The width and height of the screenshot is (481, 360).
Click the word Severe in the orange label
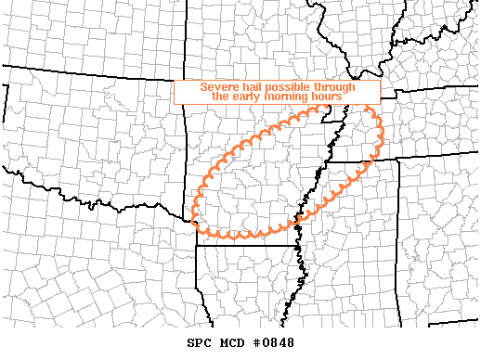tap(219, 87)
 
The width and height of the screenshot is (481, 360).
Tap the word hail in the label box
tap(253, 87)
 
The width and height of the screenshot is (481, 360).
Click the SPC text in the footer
tap(199, 343)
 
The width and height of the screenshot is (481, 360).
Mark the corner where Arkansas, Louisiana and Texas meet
tap(198, 247)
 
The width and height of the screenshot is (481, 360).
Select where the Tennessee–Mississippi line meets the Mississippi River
tap(326, 166)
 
